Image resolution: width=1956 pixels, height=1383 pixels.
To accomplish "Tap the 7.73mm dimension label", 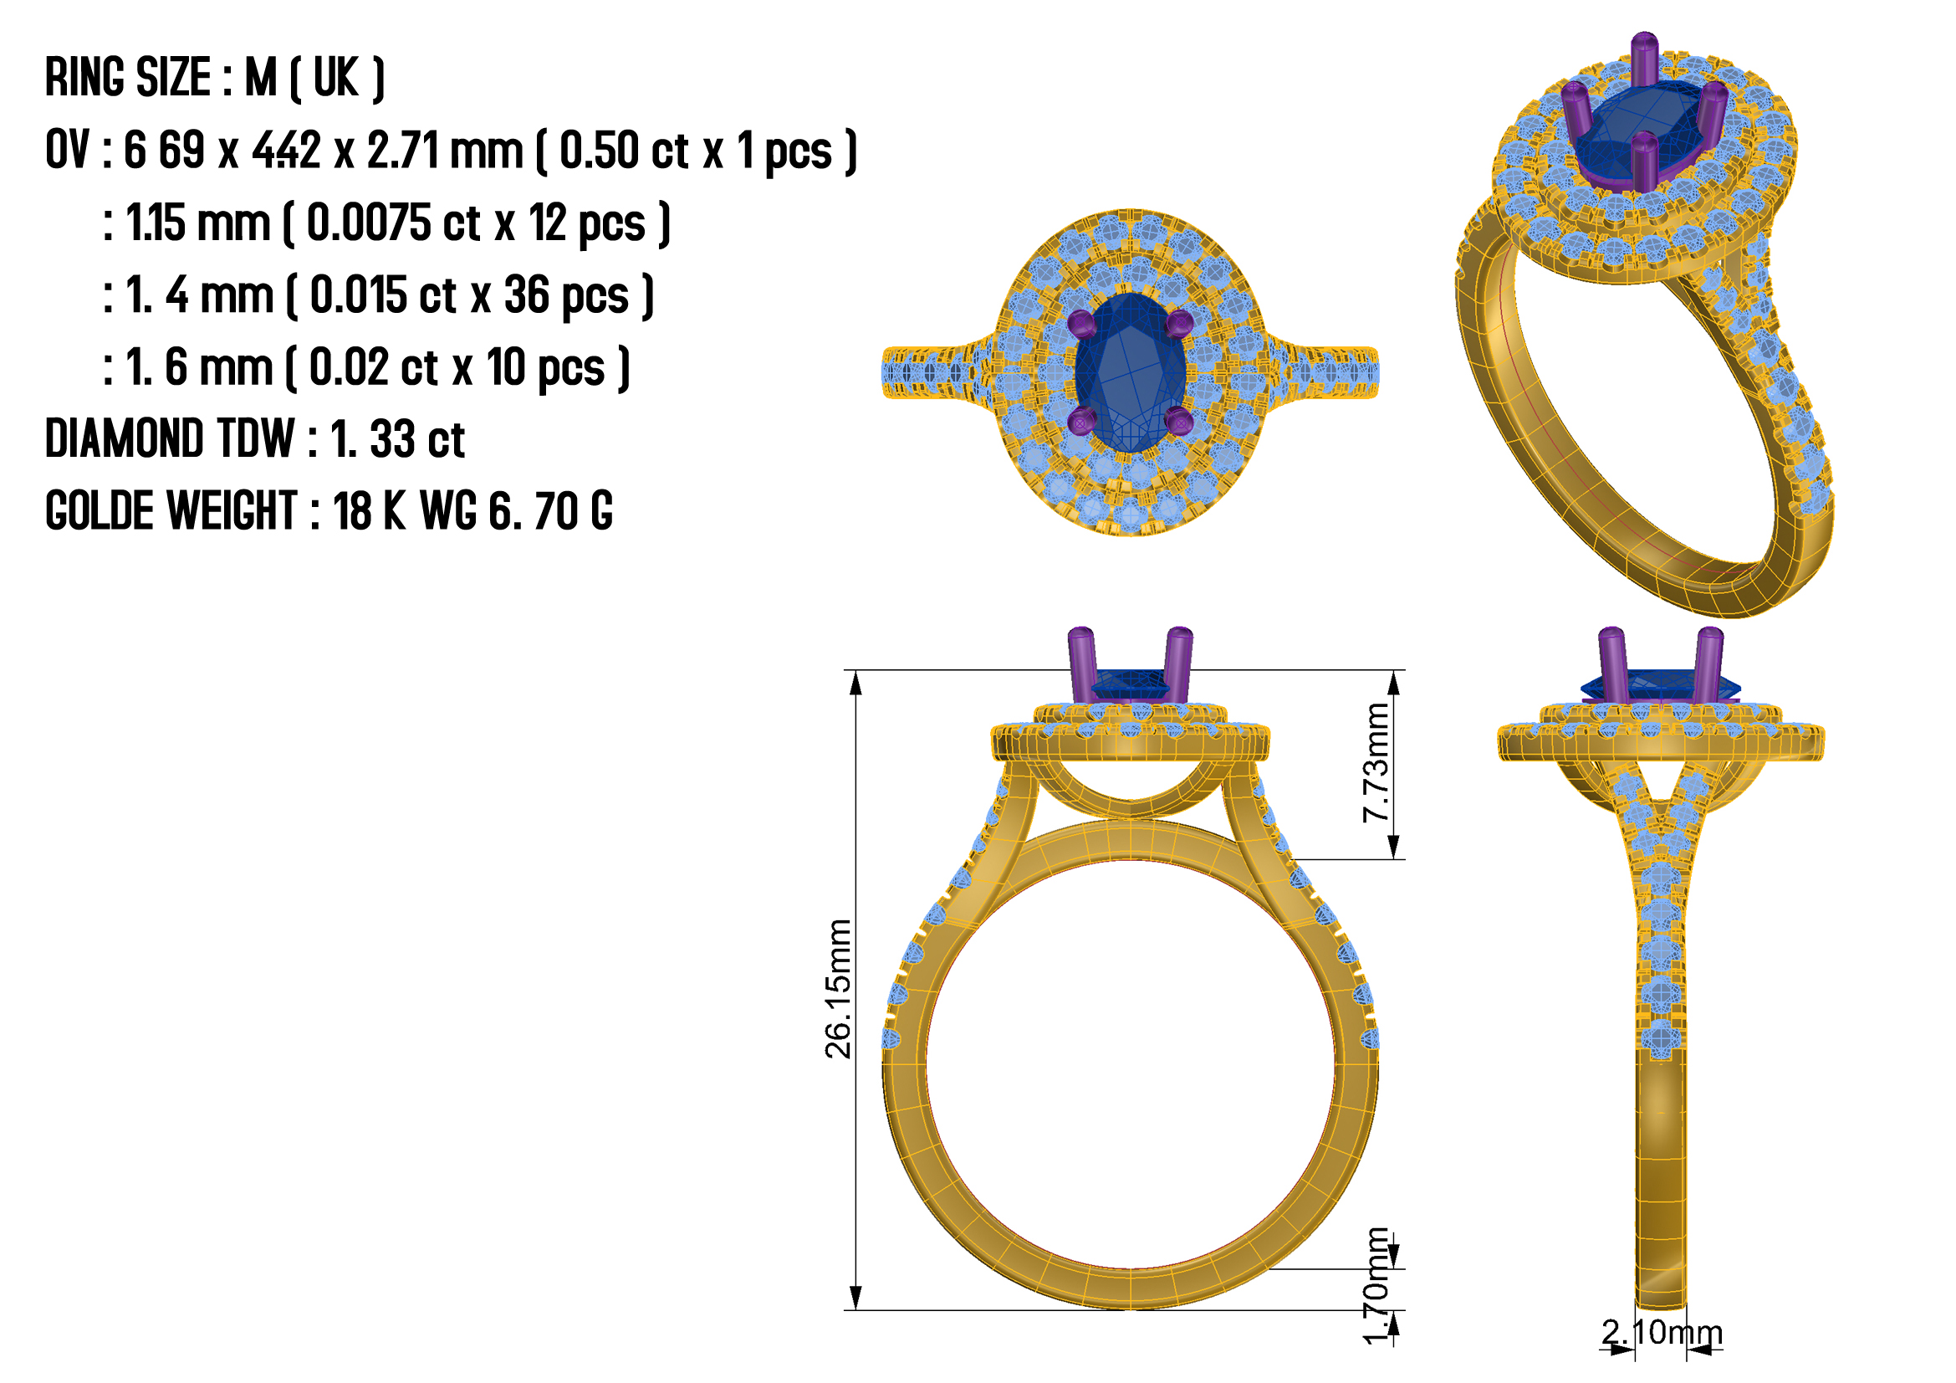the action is click(x=1376, y=763).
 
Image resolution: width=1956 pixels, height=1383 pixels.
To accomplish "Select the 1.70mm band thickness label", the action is click(x=1376, y=1286).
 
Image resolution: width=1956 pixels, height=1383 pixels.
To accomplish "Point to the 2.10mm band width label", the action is click(x=1662, y=1333).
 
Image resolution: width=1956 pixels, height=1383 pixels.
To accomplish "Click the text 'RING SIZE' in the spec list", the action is click(x=128, y=78).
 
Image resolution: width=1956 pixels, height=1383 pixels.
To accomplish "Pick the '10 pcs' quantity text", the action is click(x=546, y=368).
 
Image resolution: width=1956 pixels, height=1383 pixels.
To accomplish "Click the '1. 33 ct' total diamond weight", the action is click(x=397, y=440).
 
